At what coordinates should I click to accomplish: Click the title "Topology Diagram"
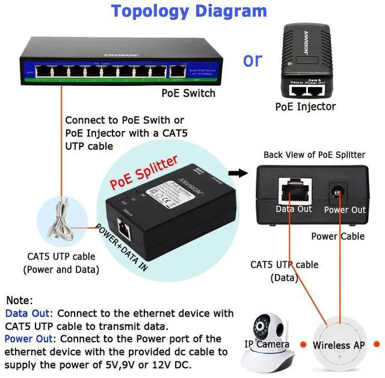pos(189,11)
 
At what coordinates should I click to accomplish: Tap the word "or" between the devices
pos(253,60)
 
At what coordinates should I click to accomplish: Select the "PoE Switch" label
pos(188,93)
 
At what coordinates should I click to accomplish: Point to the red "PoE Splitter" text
pos(143,171)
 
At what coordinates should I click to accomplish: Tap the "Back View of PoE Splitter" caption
pos(314,154)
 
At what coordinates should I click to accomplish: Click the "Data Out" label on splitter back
pos(294,209)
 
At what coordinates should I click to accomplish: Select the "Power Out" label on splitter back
pos(344,210)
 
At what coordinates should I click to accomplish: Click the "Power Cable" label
pos(337,236)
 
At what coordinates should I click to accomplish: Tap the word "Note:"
pos(19,300)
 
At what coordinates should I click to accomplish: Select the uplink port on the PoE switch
pos(177,70)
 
